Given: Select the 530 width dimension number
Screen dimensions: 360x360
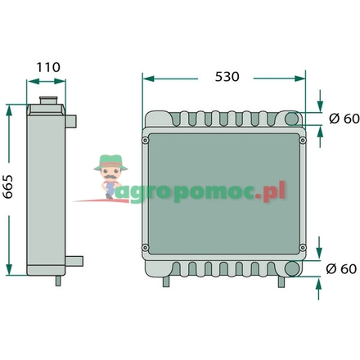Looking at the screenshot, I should (x=226, y=76).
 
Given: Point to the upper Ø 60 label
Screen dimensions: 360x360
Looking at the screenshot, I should (x=342, y=119).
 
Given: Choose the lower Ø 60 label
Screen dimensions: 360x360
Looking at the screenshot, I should (x=342, y=268).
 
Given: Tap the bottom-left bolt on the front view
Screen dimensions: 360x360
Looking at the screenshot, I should (x=146, y=248).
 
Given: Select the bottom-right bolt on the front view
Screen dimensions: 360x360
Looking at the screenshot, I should (x=302, y=248).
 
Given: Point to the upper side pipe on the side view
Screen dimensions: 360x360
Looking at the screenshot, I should (x=71, y=122).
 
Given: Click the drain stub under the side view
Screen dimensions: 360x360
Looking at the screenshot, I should (x=57, y=281).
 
